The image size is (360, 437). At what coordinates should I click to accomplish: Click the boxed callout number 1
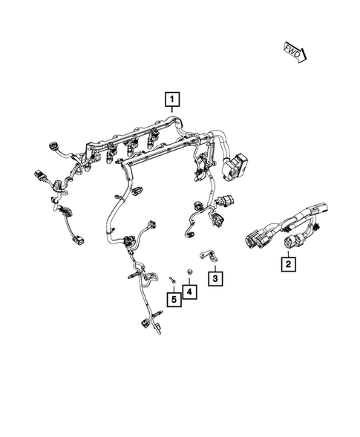coord(172,99)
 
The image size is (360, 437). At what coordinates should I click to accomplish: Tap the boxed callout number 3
coord(215,278)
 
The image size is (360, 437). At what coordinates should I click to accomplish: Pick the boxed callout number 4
coord(190,292)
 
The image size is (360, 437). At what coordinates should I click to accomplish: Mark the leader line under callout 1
coord(172,111)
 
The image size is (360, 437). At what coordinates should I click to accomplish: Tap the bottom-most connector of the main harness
coord(143,325)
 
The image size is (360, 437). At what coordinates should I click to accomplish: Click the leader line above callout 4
coord(190,281)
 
